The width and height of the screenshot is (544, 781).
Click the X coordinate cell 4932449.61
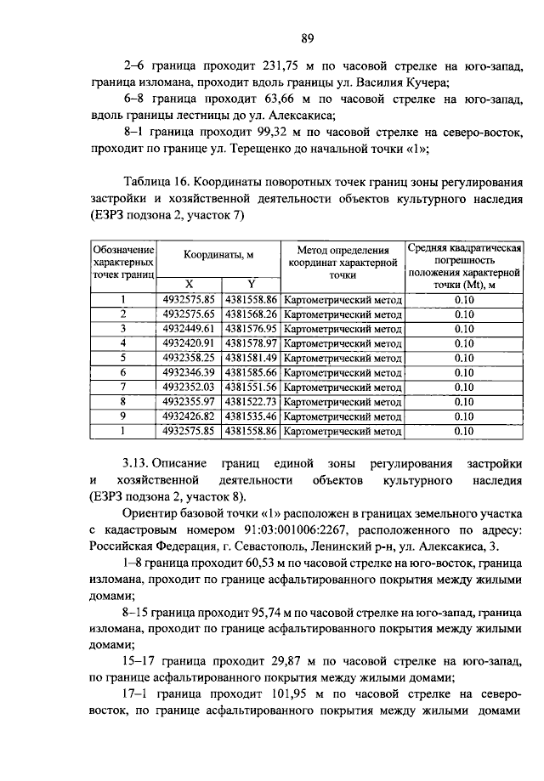[188, 328]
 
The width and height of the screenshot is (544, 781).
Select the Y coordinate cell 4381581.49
[251, 358]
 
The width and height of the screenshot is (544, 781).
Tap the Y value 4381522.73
[251, 402]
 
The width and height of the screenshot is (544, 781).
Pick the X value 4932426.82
[188, 416]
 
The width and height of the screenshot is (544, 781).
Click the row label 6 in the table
[123, 372]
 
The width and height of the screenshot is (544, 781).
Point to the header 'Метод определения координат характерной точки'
[343, 263]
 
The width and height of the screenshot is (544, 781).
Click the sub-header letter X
[189, 284]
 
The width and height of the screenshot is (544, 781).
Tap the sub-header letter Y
[251, 284]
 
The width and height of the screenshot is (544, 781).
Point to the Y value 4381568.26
[251, 314]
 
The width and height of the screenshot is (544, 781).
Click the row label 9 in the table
[123, 416]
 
